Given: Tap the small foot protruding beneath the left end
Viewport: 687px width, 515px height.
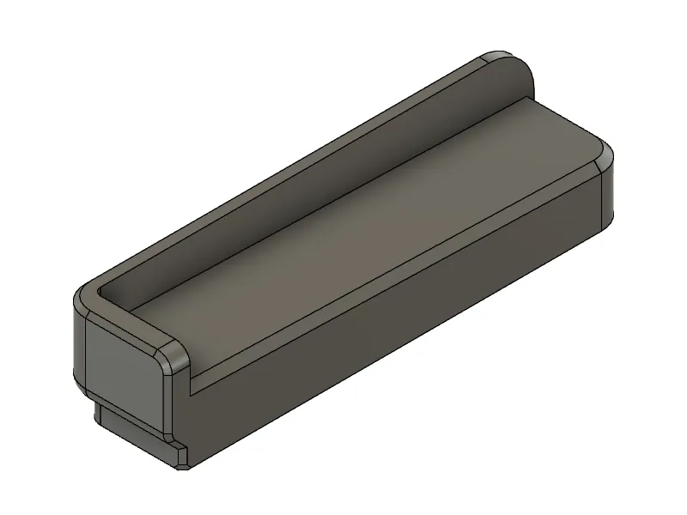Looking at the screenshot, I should tap(137, 433).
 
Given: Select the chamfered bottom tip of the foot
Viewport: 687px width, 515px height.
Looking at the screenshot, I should tap(183, 463).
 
